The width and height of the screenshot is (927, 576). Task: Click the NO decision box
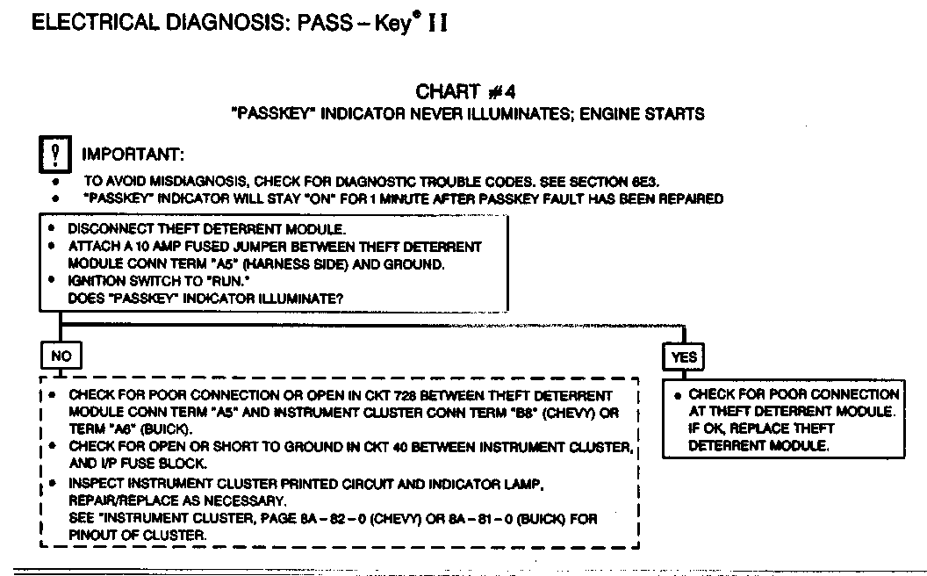61,356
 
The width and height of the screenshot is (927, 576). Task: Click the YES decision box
684,357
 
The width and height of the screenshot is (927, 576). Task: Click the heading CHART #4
460,92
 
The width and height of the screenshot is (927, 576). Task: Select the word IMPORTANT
133,155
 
